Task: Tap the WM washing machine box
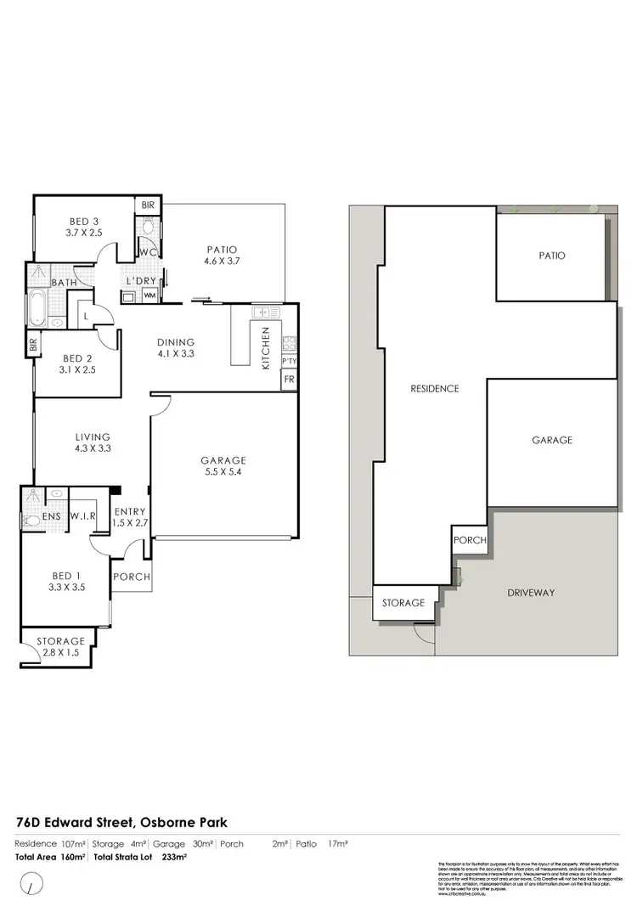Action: tap(149, 296)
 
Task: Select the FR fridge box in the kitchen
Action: tap(289, 380)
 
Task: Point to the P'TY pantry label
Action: tap(289, 361)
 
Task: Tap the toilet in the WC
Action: tap(148, 228)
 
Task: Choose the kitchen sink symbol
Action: tap(263, 312)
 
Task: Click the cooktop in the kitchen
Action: tap(289, 344)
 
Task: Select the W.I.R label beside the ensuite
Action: tap(82, 515)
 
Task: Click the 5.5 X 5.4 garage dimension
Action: tap(224, 473)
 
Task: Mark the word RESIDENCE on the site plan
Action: tap(435, 389)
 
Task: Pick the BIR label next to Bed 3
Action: tap(148, 206)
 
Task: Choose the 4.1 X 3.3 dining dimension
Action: tap(176, 354)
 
